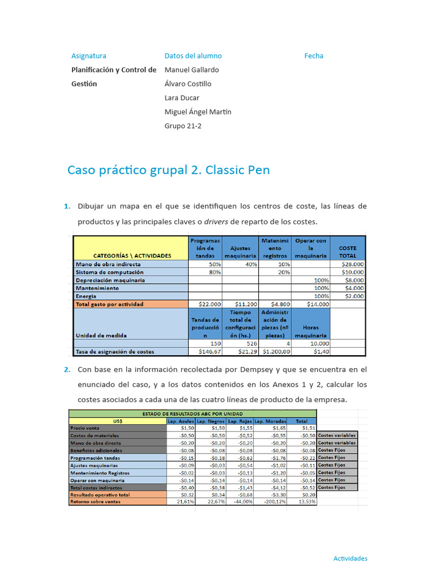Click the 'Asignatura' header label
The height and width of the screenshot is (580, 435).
click(88, 56)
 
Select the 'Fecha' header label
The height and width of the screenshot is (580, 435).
click(314, 56)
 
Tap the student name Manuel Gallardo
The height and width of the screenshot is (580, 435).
click(191, 70)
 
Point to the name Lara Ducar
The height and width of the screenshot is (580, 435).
click(182, 97)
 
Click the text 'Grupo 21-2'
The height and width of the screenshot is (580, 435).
click(183, 126)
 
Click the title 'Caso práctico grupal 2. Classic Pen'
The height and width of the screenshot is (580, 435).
click(168, 170)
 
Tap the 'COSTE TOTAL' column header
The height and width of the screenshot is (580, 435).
click(348, 251)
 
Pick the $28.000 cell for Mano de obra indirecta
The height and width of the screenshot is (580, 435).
click(352, 264)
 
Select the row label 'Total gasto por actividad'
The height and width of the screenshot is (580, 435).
click(109, 304)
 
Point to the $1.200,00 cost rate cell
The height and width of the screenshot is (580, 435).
click(275, 351)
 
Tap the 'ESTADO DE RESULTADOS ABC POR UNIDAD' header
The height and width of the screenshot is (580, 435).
click(193, 414)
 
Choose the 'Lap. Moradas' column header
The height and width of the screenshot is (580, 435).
click(270, 421)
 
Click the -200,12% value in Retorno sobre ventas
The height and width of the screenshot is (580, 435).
click(274, 502)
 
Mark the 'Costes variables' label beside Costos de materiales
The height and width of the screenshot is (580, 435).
click(337, 436)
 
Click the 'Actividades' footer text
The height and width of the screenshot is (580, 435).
click(350, 558)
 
